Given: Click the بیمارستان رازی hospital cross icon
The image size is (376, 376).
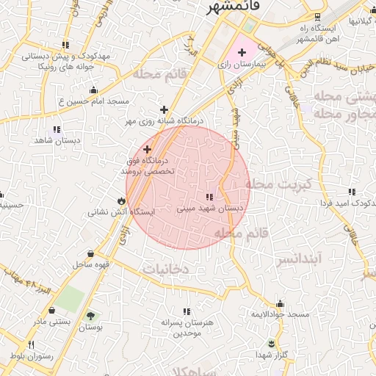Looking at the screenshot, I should coord(242,53).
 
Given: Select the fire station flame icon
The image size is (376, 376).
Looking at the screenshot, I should coord(120,200).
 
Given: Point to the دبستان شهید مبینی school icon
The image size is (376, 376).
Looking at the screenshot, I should coord(209,197).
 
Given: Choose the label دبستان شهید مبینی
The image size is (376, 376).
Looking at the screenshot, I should coord(209,209).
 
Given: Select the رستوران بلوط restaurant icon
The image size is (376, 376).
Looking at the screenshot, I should coord(31,344).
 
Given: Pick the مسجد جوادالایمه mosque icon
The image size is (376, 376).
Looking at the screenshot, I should coord(280,303).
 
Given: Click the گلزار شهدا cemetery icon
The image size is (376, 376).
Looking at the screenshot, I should coord(271,344).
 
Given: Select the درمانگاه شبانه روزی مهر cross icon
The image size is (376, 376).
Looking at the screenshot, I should coord(164,109).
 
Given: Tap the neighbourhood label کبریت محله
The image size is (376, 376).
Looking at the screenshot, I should coord(278,184).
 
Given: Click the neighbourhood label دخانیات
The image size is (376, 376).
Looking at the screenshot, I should coord(166,270).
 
